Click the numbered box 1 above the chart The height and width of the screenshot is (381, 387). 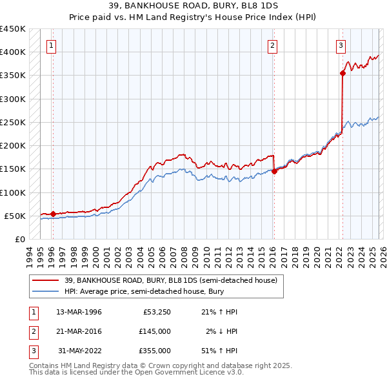tap(51, 45)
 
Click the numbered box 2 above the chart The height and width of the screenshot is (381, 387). tap(273, 45)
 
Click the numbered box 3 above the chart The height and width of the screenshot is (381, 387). tap(341, 45)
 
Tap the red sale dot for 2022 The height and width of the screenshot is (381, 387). tap(342, 73)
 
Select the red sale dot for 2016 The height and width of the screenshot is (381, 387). tap(274, 171)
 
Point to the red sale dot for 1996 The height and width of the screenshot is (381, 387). tap(52, 214)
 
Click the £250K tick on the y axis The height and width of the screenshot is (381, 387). tap(13, 122)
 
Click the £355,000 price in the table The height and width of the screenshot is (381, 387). tap(155, 351)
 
